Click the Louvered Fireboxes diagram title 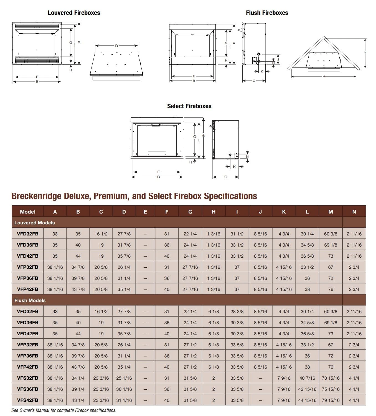pos(74,13)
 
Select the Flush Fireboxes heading pos(267,13)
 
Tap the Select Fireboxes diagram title pos(189,106)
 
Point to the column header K pos(284,212)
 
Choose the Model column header pos(28,212)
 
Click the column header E pos(145,212)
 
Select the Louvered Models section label pos(35,223)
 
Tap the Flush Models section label pos(30,300)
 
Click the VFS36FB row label pos(27,389)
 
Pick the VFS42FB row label pos(27,400)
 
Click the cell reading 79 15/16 pos(331,400)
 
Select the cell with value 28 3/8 pos(237,311)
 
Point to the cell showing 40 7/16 pos(307,378)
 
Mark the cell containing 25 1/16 pos(124,378)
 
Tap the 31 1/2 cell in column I pos(237,234)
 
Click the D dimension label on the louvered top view pos(116,46)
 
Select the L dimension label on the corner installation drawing pos(365,52)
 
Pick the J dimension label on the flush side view pos(278,59)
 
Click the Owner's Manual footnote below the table pos(64,410)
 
